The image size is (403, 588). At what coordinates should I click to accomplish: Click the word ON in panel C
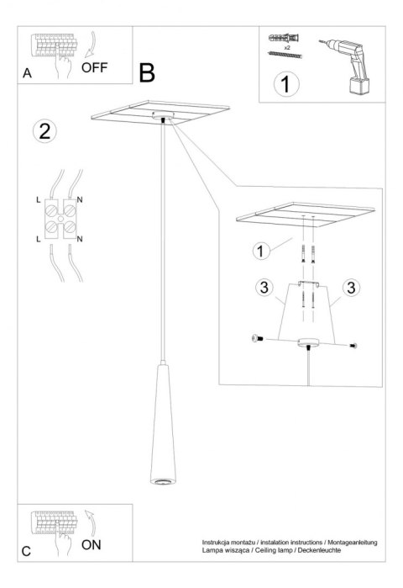point(92,544)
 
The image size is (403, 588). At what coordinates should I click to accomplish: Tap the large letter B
point(147,73)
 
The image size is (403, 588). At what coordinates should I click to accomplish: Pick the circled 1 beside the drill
point(287,84)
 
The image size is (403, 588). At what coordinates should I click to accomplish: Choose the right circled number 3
point(350,288)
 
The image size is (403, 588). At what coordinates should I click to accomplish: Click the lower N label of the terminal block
point(80,240)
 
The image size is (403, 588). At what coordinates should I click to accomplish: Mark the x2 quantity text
point(285,49)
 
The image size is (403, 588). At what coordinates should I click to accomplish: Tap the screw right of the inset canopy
point(353,344)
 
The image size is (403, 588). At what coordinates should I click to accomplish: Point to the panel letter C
point(27,551)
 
